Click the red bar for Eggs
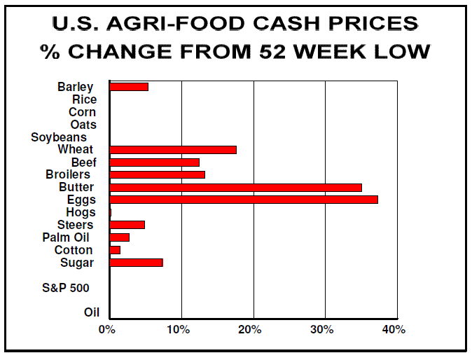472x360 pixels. tap(244, 200)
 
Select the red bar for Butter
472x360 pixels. tap(236, 187)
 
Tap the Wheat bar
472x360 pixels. tap(173, 149)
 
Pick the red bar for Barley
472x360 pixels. tap(129, 87)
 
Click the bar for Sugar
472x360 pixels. tap(137, 263)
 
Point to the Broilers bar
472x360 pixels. tap(158, 174)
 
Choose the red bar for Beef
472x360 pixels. tap(155, 162)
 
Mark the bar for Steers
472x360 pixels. tap(127, 225)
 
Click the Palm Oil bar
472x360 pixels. tap(120, 237)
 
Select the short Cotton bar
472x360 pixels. tap(115, 250)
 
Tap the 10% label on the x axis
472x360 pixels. tap(180, 329)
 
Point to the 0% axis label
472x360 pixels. tap(107, 329)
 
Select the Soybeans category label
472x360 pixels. tap(59, 137)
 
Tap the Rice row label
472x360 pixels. tap(84, 99)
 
